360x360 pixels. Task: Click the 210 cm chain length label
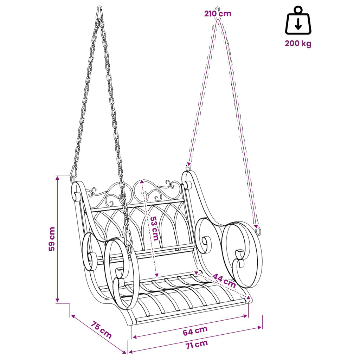tap(218, 14)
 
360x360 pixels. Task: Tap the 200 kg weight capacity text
tap(298, 43)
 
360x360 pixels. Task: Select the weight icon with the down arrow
tap(298, 20)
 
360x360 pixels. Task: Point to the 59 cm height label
tap(52, 239)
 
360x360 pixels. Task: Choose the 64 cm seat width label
tap(195, 330)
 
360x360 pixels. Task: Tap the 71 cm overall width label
tap(197, 345)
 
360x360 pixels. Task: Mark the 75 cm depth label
tap(101, 330)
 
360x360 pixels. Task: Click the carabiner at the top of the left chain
tap(99, 13)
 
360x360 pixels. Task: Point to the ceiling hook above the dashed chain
tap(217, 9)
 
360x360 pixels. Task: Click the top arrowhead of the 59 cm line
tap(57, 178)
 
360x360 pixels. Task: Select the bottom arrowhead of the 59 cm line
tap(57, 300)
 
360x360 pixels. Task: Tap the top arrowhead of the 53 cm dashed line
tap(142, 181)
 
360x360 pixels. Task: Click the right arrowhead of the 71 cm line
tap(260, 327)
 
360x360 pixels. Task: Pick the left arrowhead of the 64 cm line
tap(135, 337)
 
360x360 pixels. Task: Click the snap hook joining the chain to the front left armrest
tap(129, 240)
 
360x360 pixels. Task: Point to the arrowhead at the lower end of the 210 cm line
tap(189, 164)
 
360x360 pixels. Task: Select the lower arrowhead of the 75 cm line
tap(124, 352)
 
